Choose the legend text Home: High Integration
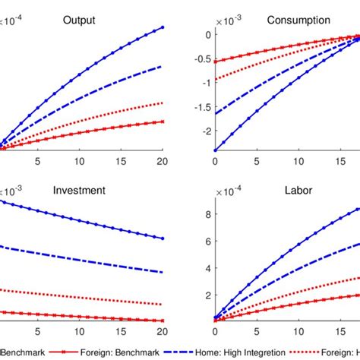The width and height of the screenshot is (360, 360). (x=245, y=353)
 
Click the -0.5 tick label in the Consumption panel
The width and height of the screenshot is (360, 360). (x=200, y=58)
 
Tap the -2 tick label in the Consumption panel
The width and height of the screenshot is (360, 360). (x=205, y=131)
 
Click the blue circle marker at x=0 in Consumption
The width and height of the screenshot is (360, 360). (x=215, y=150)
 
